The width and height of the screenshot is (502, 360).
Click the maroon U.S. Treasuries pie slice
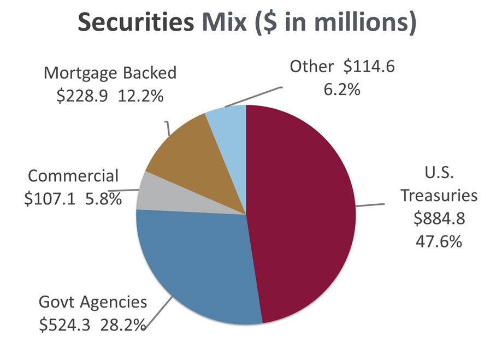pos(300,213)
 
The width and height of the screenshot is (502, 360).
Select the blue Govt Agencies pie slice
pos(197,262)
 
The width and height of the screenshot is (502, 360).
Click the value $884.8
pos(438,218)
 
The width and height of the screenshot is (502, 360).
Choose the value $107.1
pos(51,199)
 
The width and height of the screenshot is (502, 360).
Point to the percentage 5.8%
pos(103,199)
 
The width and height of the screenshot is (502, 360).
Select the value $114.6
pos(369,67)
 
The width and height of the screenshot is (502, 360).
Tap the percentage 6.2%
pos(342,88)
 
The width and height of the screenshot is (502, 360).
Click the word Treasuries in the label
pos(438,195)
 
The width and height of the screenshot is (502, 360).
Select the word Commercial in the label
pos(73,176)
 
